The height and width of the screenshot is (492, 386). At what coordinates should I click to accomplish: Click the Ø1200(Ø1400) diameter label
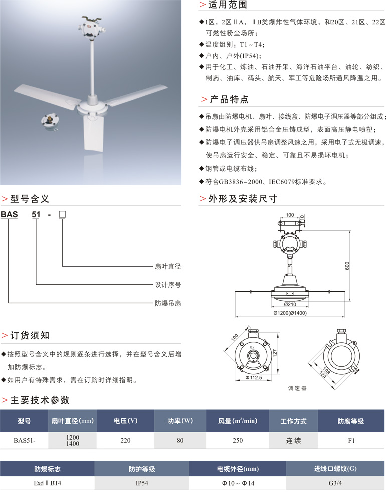coord(290,313)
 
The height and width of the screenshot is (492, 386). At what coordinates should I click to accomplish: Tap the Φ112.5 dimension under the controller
coord(253,377)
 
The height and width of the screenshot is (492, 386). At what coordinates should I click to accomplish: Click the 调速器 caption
coord(297,388)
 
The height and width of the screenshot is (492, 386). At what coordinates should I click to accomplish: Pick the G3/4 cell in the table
coord(335,483)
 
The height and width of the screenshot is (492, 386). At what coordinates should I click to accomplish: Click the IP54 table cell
coord(142,483)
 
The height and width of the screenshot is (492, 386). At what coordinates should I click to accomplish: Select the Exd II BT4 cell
coord(47,483)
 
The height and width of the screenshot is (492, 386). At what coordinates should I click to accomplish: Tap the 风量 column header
coord(237,421)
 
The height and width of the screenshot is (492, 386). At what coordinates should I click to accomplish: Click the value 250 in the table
coord(237,440)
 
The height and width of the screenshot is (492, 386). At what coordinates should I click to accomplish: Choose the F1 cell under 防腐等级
coord(351,440)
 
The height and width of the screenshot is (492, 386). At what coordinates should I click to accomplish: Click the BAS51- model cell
coord(24,440)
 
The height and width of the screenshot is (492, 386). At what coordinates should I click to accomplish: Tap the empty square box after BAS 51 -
coord(63,215)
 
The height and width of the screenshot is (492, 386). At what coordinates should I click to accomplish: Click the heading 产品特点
coord(229,99)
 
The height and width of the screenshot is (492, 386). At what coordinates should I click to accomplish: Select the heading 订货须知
coord(30,335)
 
